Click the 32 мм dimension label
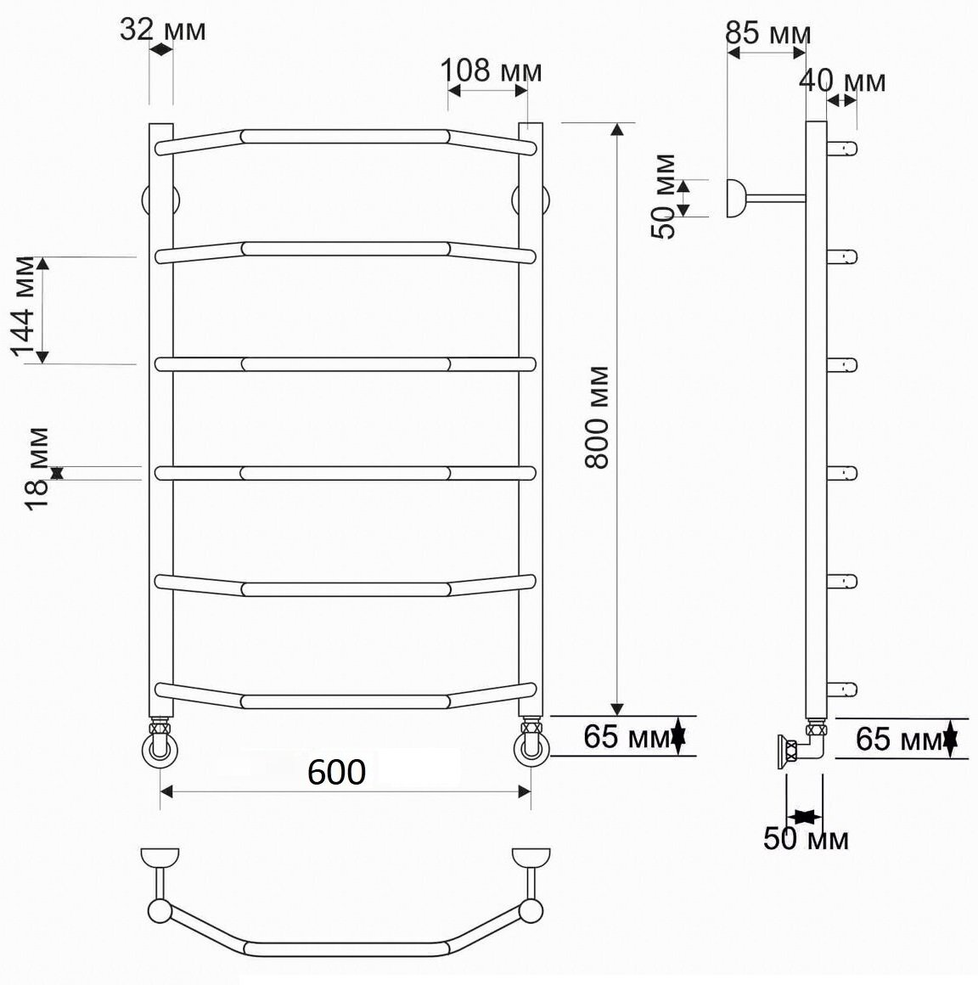(163, 29)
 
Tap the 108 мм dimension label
(492, 70)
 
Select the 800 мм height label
(597, 417)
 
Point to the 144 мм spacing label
(23, 306)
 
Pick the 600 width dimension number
(337, 772)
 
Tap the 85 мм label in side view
(767, 32)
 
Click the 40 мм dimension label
(842, 81)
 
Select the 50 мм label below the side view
(806, 838)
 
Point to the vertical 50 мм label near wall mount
(663, 196)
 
